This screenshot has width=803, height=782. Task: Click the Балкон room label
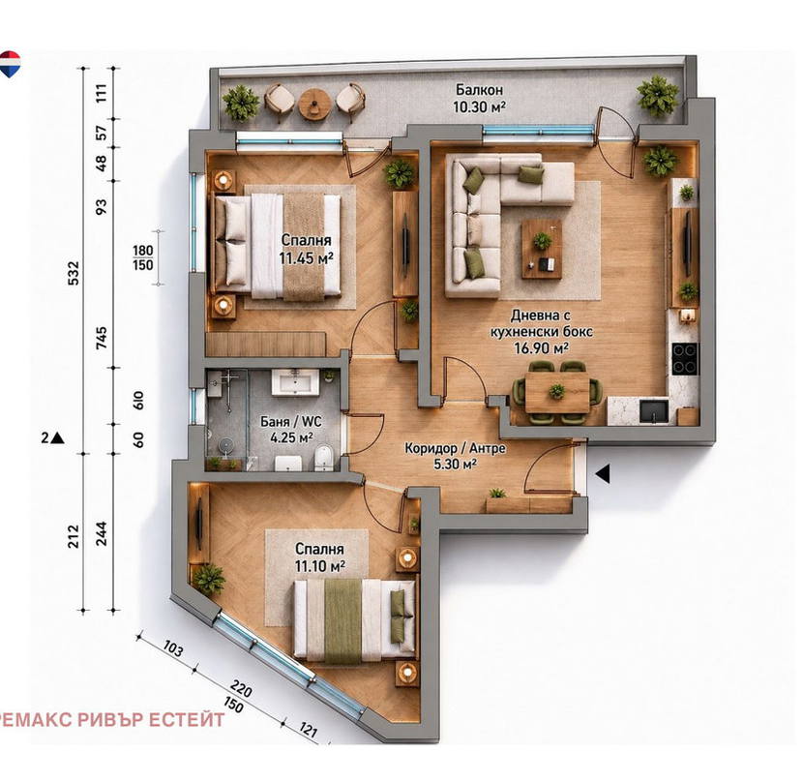click(x=479, y=90)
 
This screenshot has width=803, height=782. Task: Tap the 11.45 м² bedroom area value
click(x=307, y=257)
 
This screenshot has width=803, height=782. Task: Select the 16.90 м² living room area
click(x=542, y=348)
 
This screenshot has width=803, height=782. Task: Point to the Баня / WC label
click(x=291, y=422)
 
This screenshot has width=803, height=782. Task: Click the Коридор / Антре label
click(x=456, y=448)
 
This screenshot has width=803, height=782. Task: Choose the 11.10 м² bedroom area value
click(x=319, y=566)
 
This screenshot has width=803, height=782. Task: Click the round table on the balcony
click(x=313, y=104)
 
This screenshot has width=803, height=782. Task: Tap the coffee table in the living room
click(x=542, y=249)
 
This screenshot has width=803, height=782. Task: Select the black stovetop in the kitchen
click(x=685, y=358)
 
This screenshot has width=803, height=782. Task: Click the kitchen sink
click(x=654, y=411)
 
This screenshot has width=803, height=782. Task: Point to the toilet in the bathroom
click(x=324, y=458)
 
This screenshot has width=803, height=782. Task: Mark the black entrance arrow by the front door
click(x=603, y=473)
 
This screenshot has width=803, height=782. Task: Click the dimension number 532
click(x=74, y=273)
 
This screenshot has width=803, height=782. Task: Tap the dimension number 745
click(x=102, y=338)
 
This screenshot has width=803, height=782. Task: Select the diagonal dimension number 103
click(x=172, y=648)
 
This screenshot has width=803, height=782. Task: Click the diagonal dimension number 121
click(x=307, y=730)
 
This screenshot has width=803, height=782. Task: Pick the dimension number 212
click(x=74, y=535)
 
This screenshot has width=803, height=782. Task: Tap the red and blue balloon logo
click(x=9, y=64)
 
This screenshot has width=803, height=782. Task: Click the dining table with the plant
click(x=556, y=393)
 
